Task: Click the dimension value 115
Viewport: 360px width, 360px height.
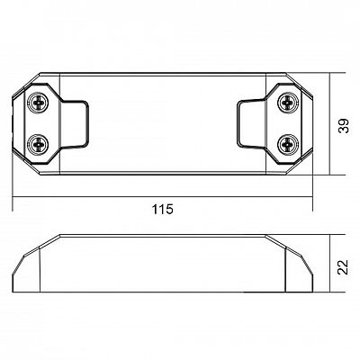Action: [x=163, y=210]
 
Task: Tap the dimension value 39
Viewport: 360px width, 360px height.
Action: [x=344, y=126]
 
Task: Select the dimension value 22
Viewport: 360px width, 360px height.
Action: [x=343, y=267]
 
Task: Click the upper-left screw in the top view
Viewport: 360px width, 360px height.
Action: [x=38, y=103]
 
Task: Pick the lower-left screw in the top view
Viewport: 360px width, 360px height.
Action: [x=38, y=144]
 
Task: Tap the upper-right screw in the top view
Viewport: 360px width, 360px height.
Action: [x=288, y=103]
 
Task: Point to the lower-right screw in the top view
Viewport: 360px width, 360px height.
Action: [x=288, y=144]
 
